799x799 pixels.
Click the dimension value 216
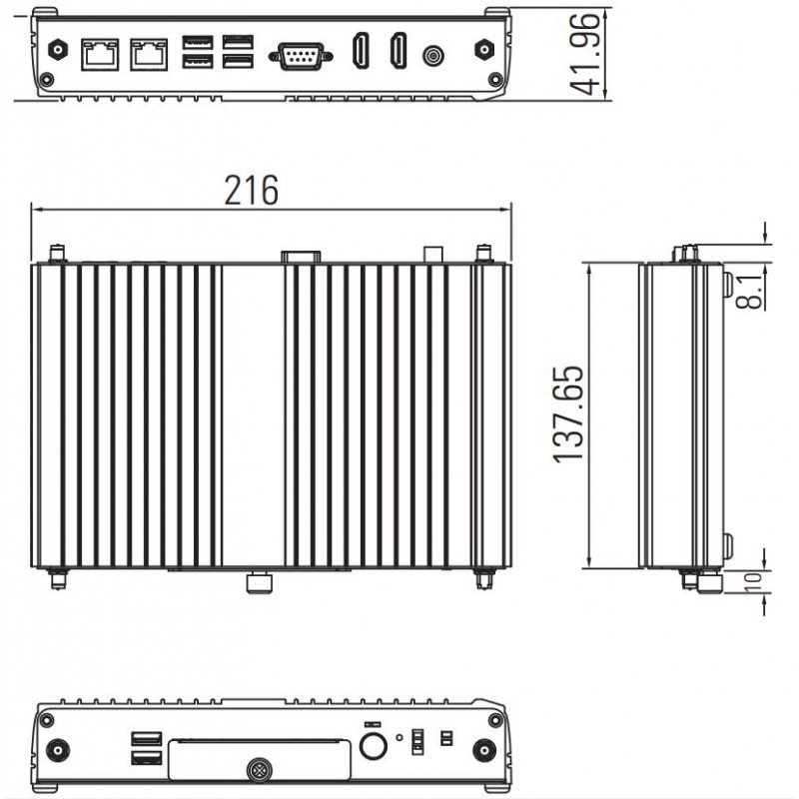251,189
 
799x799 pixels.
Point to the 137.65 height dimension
568,414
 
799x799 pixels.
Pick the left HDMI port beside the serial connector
360,52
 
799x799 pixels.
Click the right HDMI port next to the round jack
398,52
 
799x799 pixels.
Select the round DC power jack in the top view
433,55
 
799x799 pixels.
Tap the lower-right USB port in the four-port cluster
237,62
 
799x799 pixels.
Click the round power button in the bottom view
374,745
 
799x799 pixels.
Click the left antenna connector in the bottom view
58,748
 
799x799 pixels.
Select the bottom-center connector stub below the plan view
260,580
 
